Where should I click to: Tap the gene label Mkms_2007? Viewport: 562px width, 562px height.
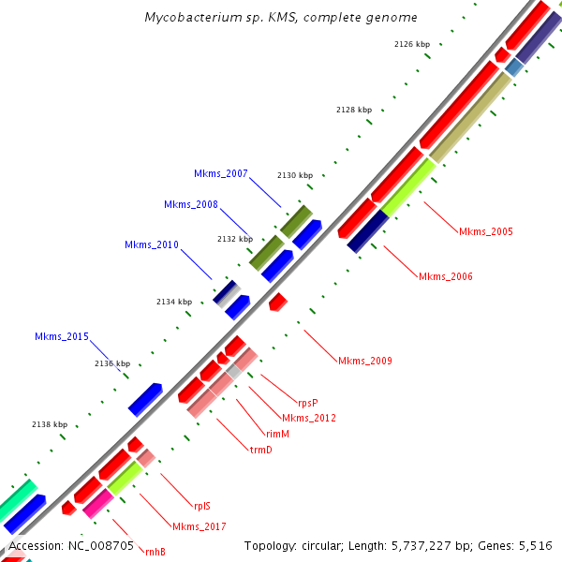click(221, 174)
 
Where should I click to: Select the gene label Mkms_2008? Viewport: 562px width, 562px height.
click(191, 205)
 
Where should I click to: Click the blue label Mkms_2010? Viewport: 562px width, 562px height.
click(152, 245)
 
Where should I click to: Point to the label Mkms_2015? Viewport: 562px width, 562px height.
click(62, 337)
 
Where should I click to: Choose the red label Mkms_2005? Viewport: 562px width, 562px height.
click(486, 231)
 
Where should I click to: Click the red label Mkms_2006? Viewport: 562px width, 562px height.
click(446, 276)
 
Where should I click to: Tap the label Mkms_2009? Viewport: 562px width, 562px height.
click(365, 361)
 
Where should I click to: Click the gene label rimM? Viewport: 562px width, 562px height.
click(277, 434)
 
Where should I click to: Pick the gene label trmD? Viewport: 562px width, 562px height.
click(260, 450)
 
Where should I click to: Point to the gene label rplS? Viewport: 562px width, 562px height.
click(201, 504)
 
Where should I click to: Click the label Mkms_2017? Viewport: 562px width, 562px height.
click(199, 526)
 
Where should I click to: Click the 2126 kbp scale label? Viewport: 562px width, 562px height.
click(412, 44)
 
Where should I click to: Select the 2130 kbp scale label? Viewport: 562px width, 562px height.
click(295, 176)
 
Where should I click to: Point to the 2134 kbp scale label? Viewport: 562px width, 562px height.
click(173, 302)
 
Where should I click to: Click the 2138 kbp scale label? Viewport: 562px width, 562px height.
click(50, 424)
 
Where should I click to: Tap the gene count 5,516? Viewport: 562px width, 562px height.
click(534, 545)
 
